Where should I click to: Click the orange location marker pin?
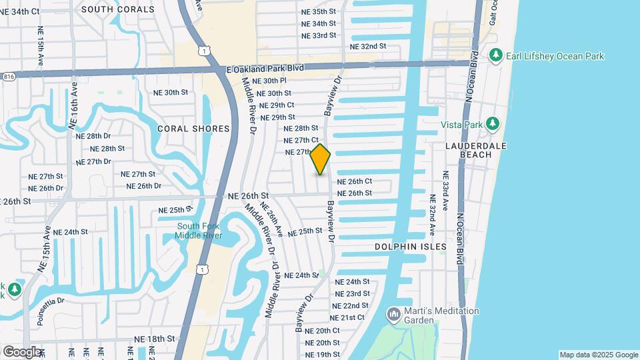coord(321,159)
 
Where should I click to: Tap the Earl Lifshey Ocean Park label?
coord(555,56)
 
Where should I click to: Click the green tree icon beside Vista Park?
coord(493,123)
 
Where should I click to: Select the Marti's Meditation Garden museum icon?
coord(393,313)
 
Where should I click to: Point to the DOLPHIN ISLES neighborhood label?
coord(410,247)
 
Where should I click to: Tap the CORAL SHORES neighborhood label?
coord(193,129)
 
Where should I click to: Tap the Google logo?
coord(21,351)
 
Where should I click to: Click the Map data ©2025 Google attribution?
coord(598,355)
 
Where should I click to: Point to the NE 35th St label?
coord(318,11)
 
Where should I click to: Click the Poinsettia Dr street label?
coord(61,301)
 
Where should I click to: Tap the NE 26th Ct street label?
coord(354,181)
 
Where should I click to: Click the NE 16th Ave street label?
coord(73,105)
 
